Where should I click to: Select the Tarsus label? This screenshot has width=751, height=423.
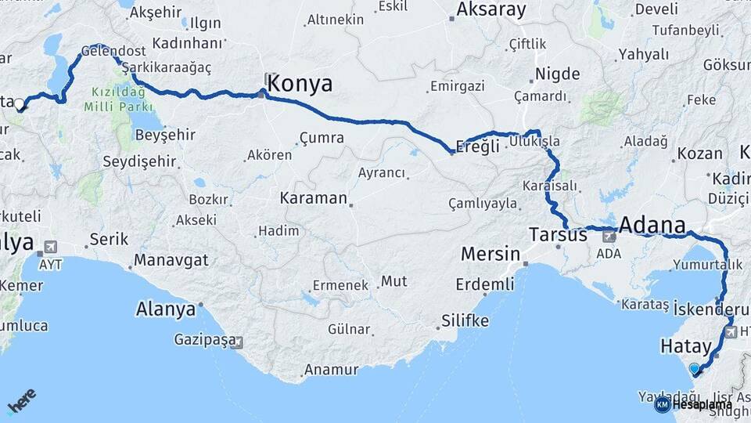[558, 234]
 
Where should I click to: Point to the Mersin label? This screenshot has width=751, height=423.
[490, 254]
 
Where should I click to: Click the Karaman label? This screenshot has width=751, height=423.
[313, 198]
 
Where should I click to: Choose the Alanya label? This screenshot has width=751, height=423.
[166, 309]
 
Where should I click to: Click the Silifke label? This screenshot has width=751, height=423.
[465, 320]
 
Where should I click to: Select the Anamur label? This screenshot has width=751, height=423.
[331, 370]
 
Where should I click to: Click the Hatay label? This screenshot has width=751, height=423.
[686, 346]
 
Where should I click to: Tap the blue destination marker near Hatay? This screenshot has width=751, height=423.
[694, 368]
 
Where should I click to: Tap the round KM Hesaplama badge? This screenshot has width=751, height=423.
[662, 404]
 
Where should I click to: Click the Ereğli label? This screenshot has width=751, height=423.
[479, 148]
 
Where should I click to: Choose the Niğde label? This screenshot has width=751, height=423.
[557, 74]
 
